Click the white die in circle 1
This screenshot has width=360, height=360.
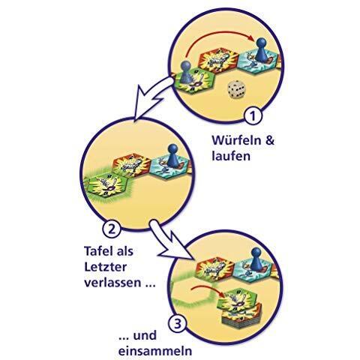[x=236, y=89]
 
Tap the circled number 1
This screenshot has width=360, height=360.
[x=253, y=116]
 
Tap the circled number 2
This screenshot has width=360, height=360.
[x=112, y=229]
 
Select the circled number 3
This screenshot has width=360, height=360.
[x=178, y=324]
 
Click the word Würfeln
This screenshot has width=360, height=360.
[x=236, y=140]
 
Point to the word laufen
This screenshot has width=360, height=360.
[x=231, y=156]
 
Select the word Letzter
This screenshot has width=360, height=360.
[x=105, y=267]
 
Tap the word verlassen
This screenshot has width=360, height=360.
[x=112, y=283]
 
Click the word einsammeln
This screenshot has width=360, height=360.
[x=155, y=351]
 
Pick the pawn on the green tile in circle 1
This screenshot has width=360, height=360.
[x=186, y=72]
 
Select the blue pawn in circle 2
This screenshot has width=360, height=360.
[x=172, y=155]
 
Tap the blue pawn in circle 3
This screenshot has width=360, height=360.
[x=255, y=259]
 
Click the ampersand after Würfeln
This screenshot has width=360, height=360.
[x=269, y=140]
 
